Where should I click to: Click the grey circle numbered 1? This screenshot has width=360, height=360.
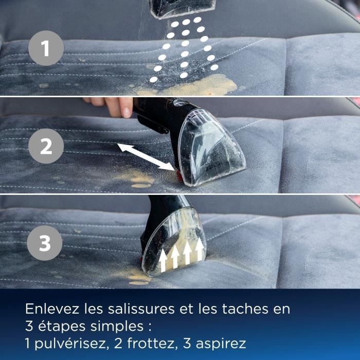[46, 49]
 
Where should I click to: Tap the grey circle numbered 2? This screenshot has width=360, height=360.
[46, 147]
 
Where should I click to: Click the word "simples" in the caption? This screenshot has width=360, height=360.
[115, 326]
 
